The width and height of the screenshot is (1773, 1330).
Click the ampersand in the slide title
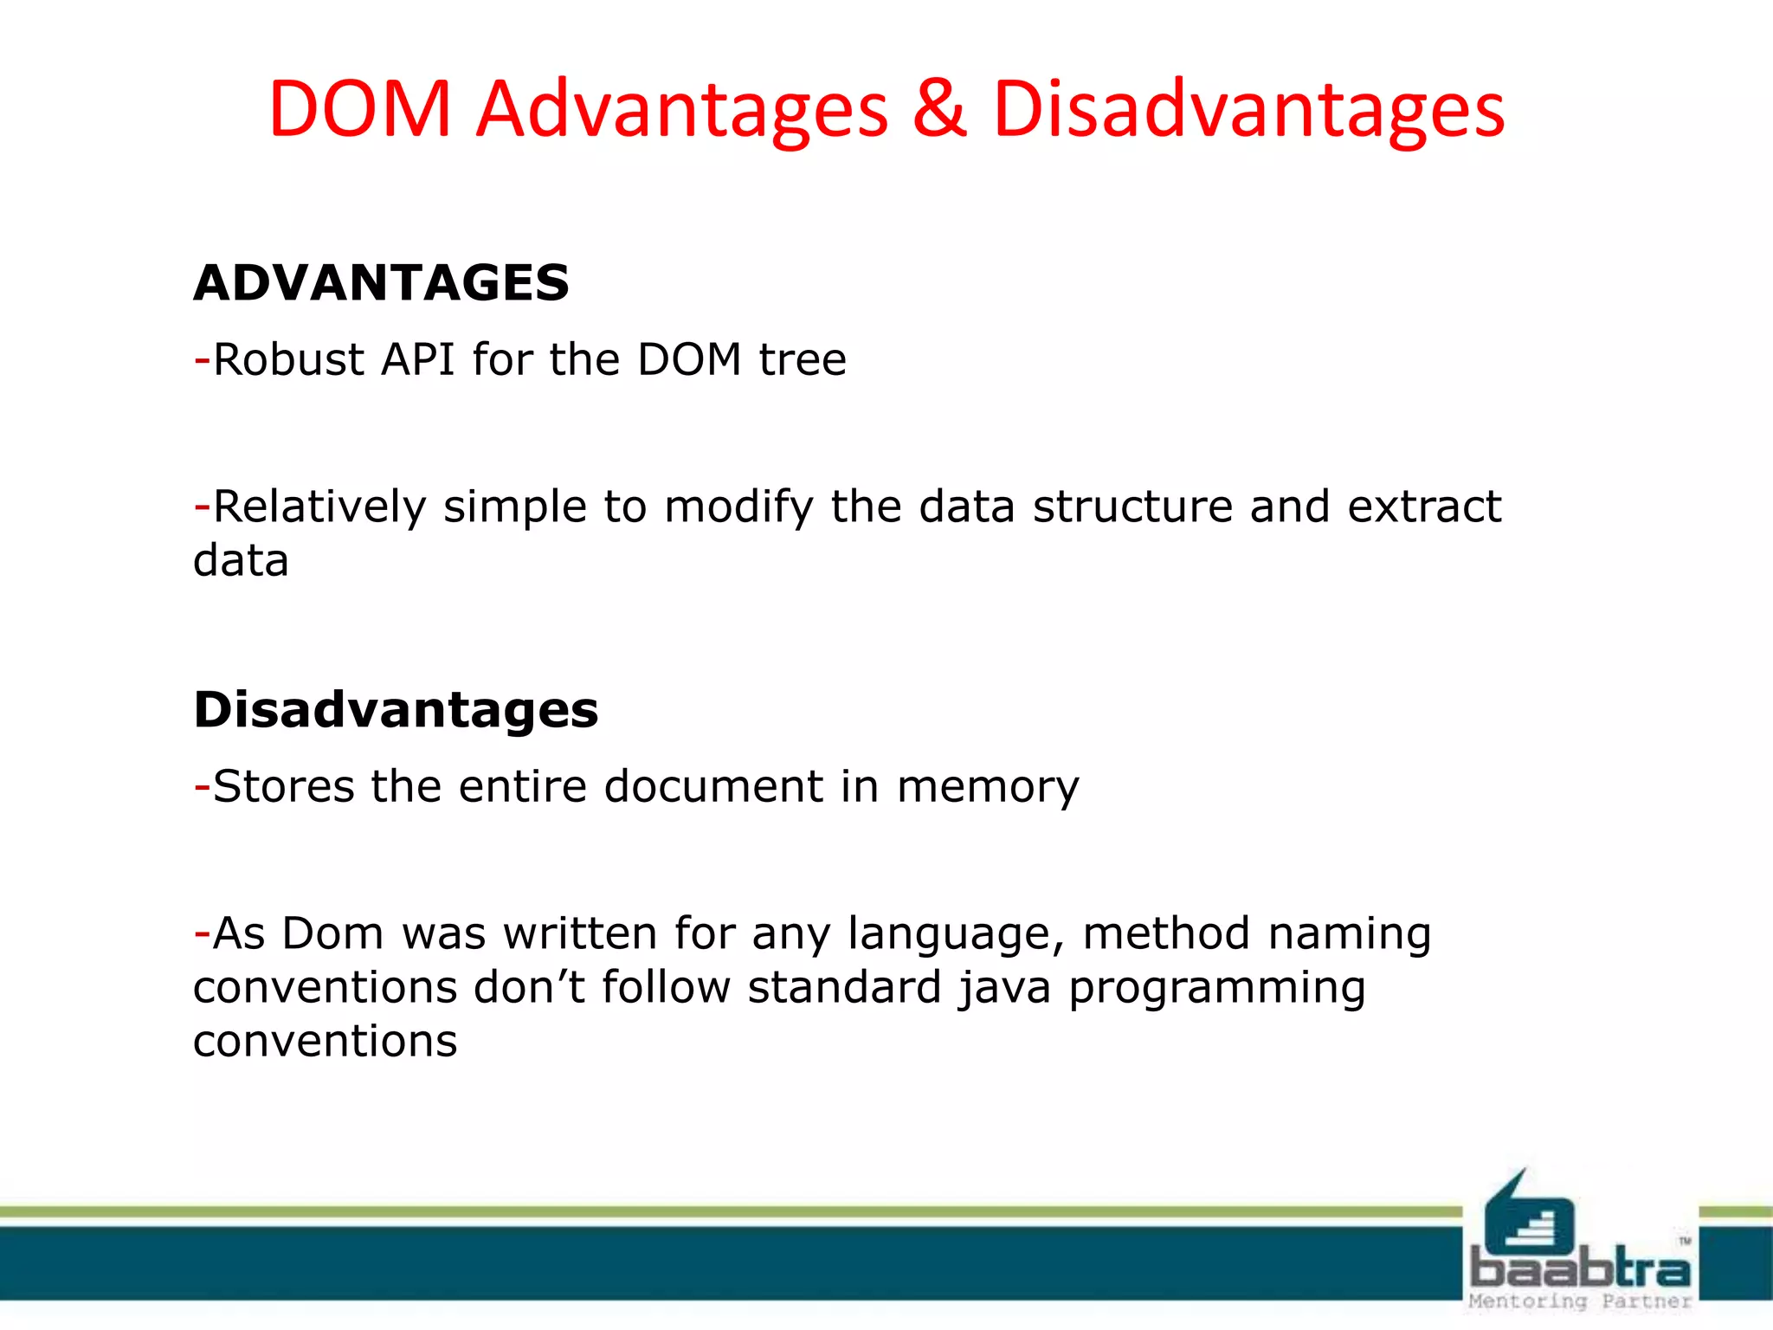coord(939,110)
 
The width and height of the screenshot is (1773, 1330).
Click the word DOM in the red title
coord(360,110)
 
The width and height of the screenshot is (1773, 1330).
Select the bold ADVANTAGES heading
coord(381,283)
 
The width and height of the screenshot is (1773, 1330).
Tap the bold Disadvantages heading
coord(396,710)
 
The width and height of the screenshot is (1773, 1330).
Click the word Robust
coord(288,359)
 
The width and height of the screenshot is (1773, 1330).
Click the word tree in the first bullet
coord(803,359)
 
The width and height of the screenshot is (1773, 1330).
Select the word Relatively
coord(319,507)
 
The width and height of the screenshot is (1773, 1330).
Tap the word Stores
coord(283,786)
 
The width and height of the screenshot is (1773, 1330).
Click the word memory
coord(988,788)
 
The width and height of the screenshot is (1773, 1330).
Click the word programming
coord(1217,989)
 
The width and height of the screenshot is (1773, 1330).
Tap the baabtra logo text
coord(1580,1269)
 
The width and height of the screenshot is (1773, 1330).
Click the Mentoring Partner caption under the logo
coord(1580,1301)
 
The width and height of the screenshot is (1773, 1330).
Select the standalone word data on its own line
coord(241,561)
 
